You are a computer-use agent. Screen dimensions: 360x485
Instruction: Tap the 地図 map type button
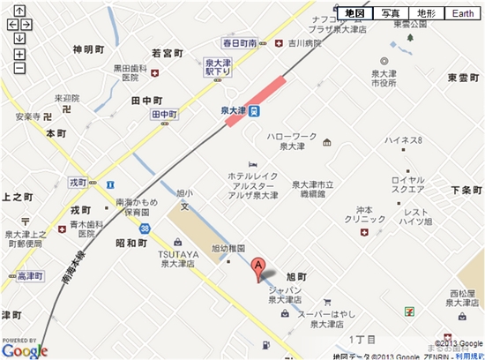[355, 13]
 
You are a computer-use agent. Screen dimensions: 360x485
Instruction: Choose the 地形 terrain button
[426, 13]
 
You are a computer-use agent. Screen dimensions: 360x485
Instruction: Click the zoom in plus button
[19, 55]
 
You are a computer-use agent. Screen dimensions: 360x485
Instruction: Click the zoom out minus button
[19, 68]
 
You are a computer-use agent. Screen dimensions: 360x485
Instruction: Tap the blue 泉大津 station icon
[253, 112]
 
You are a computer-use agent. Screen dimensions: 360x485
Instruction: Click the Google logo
[24, 350]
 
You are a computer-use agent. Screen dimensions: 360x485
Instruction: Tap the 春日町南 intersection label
[240, 42]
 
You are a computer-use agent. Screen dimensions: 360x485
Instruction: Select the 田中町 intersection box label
[165, 115]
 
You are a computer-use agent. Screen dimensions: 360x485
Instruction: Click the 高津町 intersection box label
[30, 275]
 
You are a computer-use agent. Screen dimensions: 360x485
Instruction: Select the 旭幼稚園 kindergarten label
[228, 248]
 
